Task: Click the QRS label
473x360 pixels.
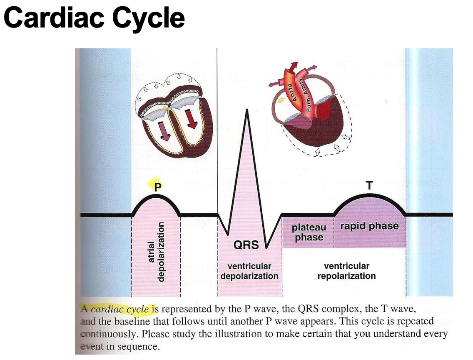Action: click(x=246, y=245)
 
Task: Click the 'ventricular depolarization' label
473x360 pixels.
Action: click(x=249, y=271)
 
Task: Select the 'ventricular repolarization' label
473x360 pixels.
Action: click(x=346, y=271)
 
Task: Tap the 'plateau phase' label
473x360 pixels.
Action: click(x=309, y=232)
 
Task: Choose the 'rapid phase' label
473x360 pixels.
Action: click(x=369, y=226)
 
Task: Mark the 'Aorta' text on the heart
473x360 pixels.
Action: click(x=291, y=91)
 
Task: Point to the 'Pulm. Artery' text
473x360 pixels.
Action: click(x=309, y=96)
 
